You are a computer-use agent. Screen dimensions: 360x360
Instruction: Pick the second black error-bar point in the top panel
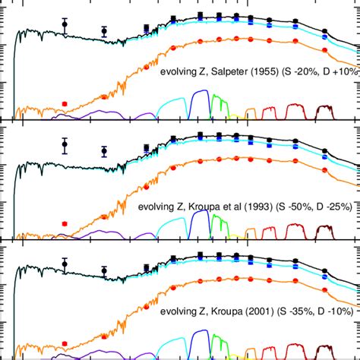[x=104, y=31]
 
